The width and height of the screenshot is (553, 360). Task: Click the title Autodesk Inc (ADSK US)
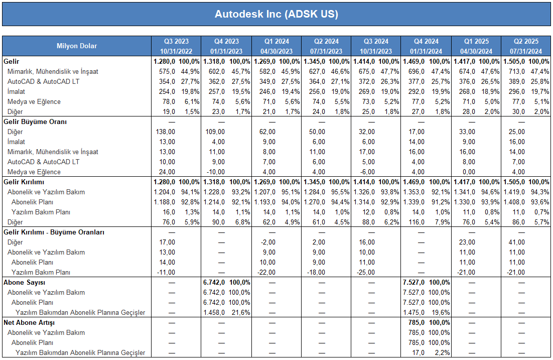pyautogui.click(x=276, y=14)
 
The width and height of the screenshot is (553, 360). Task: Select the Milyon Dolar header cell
pyautogui.click(x=77, y=46)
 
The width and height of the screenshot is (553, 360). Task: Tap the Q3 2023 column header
pyautogui.click(x=176, y=41)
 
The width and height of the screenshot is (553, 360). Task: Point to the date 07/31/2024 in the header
pyautogui.click(x=526, y=51)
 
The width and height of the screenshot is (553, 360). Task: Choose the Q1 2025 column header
pyautogui.click(x=476, y=41)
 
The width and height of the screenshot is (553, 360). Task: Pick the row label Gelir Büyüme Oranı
pyautogui.click(x=35, y=122)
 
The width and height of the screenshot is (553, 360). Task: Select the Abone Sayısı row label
pyautogui.click(x=24, y=282)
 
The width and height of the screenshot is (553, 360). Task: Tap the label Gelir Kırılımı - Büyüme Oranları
pyautogui.click(x=54, y=232)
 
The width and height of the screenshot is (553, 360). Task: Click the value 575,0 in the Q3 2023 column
pyautogui.click(x=167, y=72)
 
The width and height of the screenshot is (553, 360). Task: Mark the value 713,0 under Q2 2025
pyautogui.click(x=517, y=72)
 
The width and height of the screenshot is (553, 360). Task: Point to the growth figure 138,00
pyautogui.click(x=166, y=132)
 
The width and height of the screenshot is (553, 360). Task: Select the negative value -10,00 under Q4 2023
pyautogui.click(x=215, y=172)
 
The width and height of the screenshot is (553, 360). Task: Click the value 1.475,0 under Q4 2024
pyautogui.click(x=414, y=313)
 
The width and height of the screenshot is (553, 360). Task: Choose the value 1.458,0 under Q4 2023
pyautogui.click(x=214, y=313)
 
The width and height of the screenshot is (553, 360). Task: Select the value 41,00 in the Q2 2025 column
pyautogui.click(x=517, y=243)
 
